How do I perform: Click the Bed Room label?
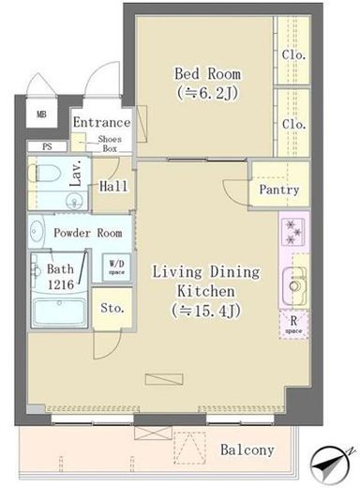(207, 73)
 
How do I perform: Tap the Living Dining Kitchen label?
(207, 282)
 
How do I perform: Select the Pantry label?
(279, 190)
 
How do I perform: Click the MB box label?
(41, 115)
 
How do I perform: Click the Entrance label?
(101, 123)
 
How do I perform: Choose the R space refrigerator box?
(292, 324)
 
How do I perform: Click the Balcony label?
(247, 450)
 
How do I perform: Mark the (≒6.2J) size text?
(207, 93)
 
